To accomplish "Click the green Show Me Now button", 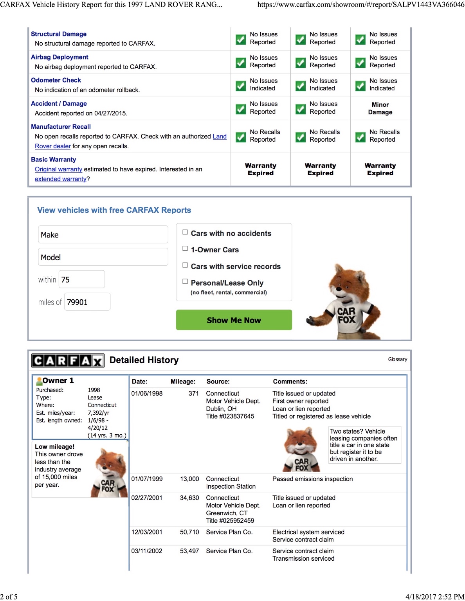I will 234,320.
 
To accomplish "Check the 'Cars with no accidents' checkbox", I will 185,232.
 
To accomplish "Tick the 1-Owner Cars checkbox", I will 185,249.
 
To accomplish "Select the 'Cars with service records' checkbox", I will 185,265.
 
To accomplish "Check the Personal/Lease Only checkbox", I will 185,282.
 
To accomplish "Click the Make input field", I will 103,235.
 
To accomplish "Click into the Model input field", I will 103,257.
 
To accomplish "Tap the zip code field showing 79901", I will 87,302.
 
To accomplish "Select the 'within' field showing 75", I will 81,279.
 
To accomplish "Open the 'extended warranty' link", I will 60,179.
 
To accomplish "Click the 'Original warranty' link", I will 58,169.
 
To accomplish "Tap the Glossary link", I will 397,359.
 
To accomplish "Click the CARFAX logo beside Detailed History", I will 68,360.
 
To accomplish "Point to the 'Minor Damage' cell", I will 380,108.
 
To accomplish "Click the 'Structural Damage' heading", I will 59,34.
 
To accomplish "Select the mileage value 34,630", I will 189,498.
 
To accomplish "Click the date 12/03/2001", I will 147,532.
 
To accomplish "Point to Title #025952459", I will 230,520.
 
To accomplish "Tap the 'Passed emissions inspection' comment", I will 312,479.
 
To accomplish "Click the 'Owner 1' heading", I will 58,380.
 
